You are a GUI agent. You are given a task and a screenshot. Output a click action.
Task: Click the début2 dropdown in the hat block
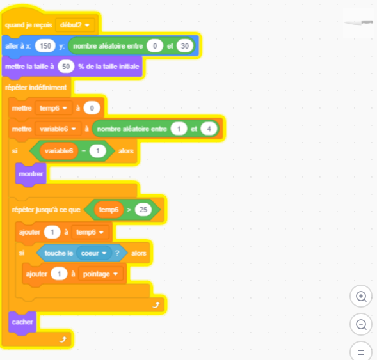coord(75,25)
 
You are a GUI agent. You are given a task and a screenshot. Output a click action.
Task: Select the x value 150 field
coord(45,45)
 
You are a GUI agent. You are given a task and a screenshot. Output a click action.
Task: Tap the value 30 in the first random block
coord(184,45)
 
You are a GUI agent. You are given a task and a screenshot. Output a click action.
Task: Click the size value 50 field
coord(66,67)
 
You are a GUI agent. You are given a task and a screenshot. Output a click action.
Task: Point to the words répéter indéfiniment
coord(36,88)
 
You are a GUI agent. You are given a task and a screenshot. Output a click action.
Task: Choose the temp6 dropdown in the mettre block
coord(53,108)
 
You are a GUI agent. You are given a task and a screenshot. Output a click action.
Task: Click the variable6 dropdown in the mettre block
coord(58,129)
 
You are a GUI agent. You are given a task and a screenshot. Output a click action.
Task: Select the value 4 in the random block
coord(209,129)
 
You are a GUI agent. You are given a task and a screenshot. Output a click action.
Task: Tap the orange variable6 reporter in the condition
coord(59,151)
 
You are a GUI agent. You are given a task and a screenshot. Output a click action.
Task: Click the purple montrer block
coord(31,174)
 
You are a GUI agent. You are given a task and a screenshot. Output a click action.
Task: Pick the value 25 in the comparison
coord(143,210)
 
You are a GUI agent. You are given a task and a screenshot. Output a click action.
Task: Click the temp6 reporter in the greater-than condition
coord(109,210)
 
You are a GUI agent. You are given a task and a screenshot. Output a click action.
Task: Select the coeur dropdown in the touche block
coord(94,253)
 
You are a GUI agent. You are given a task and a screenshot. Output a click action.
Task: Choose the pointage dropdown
coord(100,274)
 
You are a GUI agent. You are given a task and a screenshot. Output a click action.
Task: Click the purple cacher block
coord(22,322)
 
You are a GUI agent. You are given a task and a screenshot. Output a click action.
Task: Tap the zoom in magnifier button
coord(361,296)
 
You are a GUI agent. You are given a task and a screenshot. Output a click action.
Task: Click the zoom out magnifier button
coord(361,324)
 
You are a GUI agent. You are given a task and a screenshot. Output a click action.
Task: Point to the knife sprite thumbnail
coord(358,22)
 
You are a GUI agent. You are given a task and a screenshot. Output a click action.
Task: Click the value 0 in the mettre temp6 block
coord(92,108)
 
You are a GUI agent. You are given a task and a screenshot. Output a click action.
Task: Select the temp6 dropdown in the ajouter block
coord(90,232)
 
